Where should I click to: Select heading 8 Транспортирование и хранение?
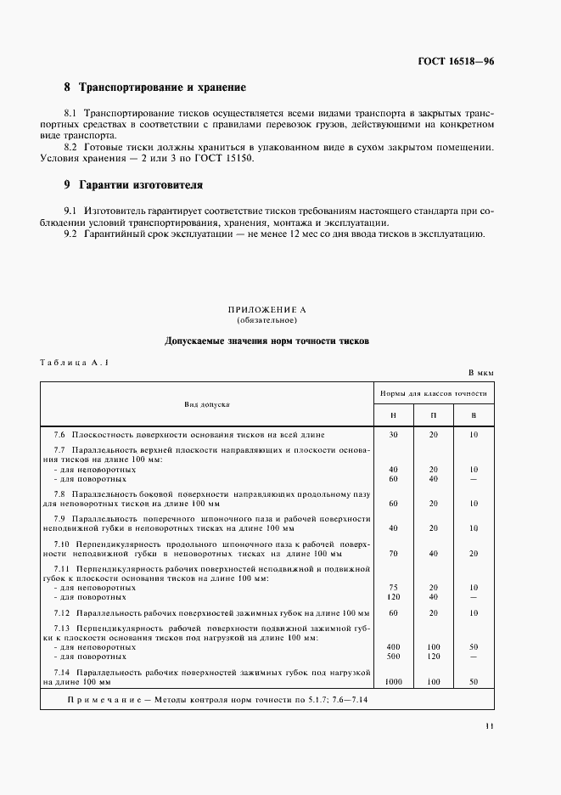[155, 87]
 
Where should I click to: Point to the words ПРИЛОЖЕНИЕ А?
[267, 312]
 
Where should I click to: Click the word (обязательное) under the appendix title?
[266, 322]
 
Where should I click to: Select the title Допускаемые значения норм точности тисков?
[266, 341]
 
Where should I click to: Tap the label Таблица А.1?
[76, 363]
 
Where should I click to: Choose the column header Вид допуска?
[207, 404]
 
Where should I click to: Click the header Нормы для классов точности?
[433, 394]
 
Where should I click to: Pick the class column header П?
[433, 414]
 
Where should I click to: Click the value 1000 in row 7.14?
[393, 682]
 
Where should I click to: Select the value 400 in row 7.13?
[393, 646]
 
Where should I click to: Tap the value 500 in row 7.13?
[393, 657]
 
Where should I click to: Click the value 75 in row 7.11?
[393, 587]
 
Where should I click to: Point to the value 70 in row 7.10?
[393, 552]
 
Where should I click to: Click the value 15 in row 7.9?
[474, 527]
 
